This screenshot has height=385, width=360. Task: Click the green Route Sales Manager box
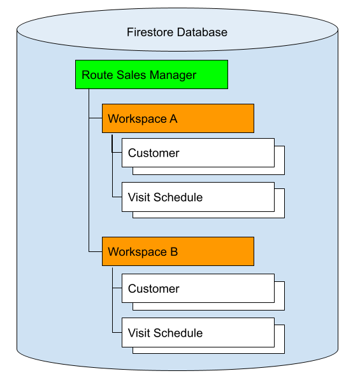tap(152, 74)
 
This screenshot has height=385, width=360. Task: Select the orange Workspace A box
tap(178, 118)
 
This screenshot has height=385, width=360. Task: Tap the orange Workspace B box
tap(178, 251)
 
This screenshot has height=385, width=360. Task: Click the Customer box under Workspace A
tap(198, 153)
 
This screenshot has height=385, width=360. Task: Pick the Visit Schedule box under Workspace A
tap(198, 197)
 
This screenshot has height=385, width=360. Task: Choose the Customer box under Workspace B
tap(198, 288)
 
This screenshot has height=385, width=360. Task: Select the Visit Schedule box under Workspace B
tap(198, 332)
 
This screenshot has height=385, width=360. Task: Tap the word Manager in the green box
tap(173, 75)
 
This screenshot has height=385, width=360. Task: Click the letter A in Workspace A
tap(173, 119)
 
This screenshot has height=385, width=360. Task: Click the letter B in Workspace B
tap(174, 252)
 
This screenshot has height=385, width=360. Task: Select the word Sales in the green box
tap(131, 75)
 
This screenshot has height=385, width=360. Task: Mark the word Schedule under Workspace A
tap(178, 197)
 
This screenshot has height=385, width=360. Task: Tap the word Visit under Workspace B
tap(139, 333)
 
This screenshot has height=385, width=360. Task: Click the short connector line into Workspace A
tap(96, 118)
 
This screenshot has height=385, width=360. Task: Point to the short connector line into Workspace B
tap(96, 251)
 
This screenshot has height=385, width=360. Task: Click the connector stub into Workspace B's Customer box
tap(117, 288)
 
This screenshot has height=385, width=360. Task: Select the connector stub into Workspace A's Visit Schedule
tap(117, 197)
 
